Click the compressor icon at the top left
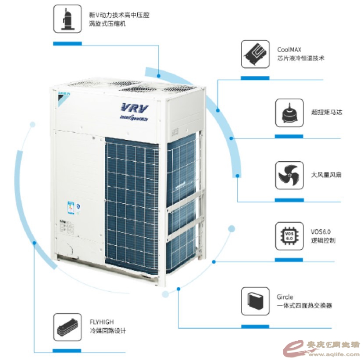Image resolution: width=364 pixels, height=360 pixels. pos(68,19)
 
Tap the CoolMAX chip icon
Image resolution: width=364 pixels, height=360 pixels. pos(255,54)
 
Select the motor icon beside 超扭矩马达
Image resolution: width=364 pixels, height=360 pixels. pos(289,113)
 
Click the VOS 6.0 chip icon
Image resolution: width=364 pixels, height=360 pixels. pos(289,236)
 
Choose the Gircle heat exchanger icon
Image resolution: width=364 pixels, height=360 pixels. pos(255,301)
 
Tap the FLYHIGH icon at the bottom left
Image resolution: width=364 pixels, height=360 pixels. pos(68,327)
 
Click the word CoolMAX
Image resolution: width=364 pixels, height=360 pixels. pos(289,50)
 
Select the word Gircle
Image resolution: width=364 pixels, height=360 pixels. pos(285,297)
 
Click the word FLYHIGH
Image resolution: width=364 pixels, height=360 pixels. pos(100,322)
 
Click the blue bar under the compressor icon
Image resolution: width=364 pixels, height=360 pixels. pos(68,43)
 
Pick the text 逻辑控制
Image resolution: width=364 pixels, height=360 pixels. pos(323,241)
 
